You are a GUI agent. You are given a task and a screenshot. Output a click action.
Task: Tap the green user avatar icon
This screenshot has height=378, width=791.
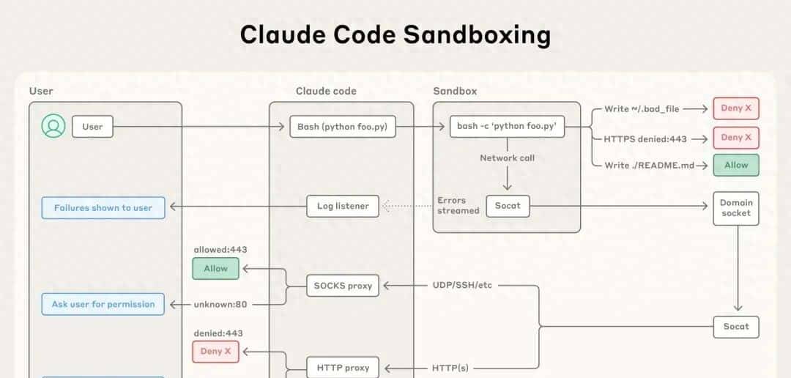53,126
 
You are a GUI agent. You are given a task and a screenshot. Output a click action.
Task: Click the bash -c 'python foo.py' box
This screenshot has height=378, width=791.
506,127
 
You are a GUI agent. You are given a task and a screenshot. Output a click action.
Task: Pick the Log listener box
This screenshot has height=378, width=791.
342,207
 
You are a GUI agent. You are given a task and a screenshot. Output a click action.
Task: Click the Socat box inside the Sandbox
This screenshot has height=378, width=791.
508,206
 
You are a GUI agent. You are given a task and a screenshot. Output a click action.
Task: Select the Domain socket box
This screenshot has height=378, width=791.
735,208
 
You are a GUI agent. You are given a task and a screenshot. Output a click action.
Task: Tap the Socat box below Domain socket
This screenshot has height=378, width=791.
735,327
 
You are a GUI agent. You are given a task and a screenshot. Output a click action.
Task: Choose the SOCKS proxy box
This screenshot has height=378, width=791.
342,286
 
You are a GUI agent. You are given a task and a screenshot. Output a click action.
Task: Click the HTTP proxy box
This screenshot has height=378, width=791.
342,368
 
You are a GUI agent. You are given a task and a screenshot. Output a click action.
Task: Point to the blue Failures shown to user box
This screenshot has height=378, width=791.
103,208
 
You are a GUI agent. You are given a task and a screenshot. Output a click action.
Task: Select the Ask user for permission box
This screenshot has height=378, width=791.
103,304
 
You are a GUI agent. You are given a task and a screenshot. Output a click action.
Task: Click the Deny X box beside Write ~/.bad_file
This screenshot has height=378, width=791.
735,108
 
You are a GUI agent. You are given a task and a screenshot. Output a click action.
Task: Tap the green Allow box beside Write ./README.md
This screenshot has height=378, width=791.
735,165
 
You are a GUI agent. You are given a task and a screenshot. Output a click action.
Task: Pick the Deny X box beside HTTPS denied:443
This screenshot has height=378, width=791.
735,137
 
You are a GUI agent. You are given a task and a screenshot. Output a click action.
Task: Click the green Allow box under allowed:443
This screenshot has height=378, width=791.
215,268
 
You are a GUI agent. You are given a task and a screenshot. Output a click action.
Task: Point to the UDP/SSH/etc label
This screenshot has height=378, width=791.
462,284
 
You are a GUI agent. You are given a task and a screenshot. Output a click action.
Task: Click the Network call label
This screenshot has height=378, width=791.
507,157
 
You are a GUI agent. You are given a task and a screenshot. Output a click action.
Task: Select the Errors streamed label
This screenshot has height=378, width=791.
458,206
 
